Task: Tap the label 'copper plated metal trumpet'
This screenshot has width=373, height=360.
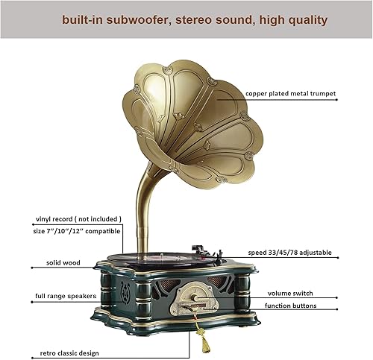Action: [289, 95]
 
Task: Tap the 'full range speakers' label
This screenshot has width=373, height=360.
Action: [66, 297]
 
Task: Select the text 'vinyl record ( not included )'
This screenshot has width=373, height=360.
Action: [78, 220]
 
